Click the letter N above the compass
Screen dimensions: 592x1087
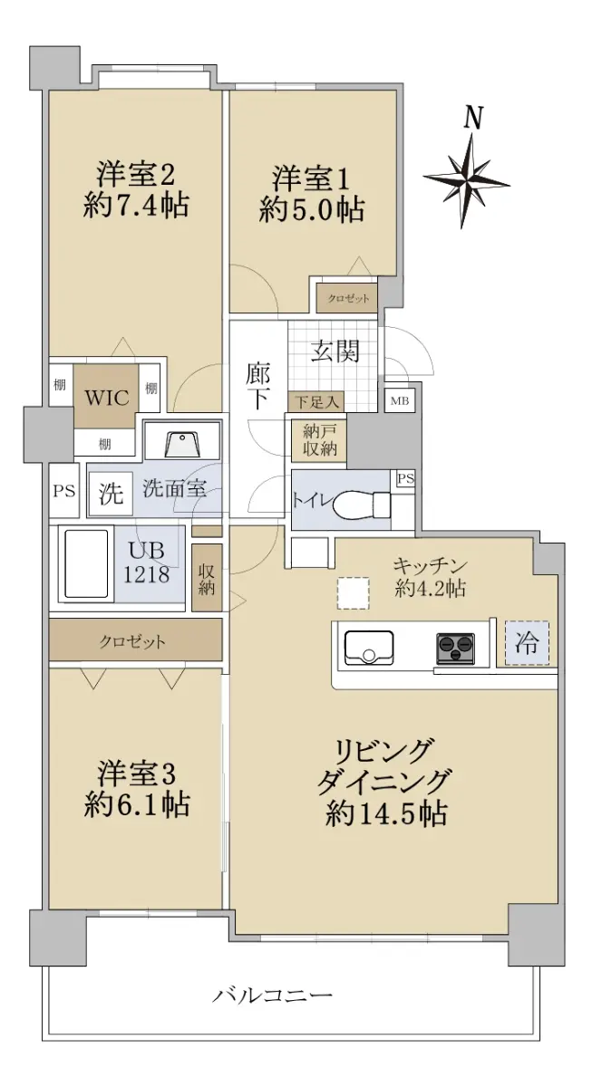pyautogui.click(x=473, y=118)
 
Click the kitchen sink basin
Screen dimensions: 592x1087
pyautogui.click(x=369, y=648)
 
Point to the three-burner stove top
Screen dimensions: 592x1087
pyautogui.click(x=455, y=648)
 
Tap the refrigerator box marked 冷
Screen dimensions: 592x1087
pyautogui.click(x=527, y=642)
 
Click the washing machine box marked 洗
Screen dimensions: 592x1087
pyautogui.click(x=111, y=494)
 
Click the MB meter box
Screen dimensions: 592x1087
pyautogui.click(x=400, y=400)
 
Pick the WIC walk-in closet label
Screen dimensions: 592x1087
pyautogui.click(x=107, y=398)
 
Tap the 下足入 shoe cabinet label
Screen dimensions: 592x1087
pyautogui.click(x=317, y=402)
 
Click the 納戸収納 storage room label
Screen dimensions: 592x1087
pyautogui.click(x=319, y=440)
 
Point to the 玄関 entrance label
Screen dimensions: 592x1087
pyautogui.click(x=335, y=351)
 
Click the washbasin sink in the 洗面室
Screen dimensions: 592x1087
pyautogui.click(x=181, y=444)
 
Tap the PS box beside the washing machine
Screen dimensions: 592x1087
pyautogui.click(x=64, y=491)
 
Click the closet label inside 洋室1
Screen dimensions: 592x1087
pyautogui.click(x=348, y=298)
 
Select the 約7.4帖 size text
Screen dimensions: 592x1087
pyautogui.click(x=136, y=206)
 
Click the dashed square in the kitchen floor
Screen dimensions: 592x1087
pyautogui.click(x=354, y=593)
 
